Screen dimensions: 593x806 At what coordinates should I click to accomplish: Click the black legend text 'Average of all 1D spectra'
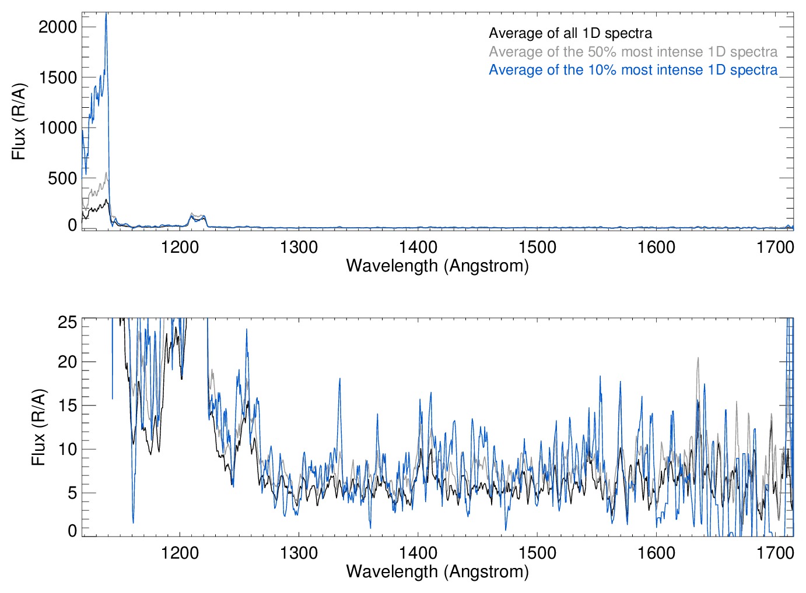pos(570,33)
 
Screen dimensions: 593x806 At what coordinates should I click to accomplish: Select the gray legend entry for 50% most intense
pos(633,52)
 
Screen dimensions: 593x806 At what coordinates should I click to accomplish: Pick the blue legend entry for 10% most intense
pos(633,70)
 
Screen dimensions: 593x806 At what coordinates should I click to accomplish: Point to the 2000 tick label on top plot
pos(58,27)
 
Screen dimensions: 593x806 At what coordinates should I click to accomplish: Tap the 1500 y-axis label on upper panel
pos(58,77)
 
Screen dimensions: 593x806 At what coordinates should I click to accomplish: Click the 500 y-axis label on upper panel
pos(62,178)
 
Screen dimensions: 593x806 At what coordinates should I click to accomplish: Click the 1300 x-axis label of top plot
pos(299,248)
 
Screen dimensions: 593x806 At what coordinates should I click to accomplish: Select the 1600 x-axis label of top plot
pos(656,248)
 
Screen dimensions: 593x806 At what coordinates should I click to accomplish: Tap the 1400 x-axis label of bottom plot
pos(418,553)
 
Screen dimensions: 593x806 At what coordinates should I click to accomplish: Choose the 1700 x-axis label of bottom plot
pos(775,553)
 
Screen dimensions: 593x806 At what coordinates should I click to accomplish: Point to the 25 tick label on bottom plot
pos(68,322)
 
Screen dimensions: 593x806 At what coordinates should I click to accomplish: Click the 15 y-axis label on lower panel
pos(68,405)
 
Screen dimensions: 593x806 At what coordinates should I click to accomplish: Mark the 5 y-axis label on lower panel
pos(72,493)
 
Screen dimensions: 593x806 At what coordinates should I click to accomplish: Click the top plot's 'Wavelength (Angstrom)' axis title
pos(437,266)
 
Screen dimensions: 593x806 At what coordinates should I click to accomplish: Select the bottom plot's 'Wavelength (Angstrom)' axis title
pos(437,571)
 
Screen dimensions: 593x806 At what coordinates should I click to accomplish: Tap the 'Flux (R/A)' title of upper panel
pos(19,122)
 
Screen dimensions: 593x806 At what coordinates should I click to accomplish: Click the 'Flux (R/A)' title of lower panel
pos(38,427)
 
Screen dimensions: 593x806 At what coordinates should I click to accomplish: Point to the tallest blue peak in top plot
pos(106,14)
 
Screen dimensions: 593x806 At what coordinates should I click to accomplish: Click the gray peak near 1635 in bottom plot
pos(698,359)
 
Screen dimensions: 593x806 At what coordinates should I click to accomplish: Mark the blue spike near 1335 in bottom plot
pos(339,379)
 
